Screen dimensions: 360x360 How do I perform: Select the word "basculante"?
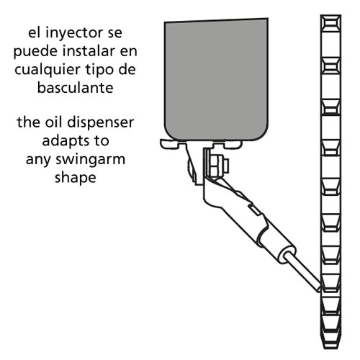click(76, 88)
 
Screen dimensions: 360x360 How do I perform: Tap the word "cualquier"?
click(48, 70)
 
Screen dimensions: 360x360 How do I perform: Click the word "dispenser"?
click(101, 123)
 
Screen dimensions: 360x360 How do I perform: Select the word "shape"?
click(76, 179)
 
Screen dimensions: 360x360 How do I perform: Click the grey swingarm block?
click(216, 79)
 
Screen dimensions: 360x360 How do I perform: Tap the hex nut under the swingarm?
click(217, 166)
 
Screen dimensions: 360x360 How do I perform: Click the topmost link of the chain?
click(330, 23)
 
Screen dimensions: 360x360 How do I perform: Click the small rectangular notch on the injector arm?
click(254, 210)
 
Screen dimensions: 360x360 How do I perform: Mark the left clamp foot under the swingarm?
click(173, 144)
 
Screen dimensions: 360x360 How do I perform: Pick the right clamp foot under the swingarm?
click(227, 145)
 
